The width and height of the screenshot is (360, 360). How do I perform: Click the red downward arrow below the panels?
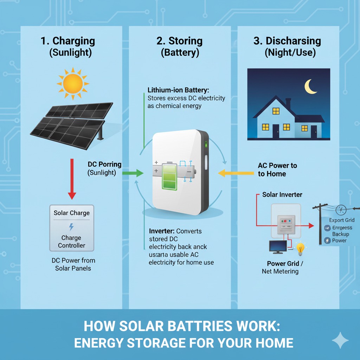tap(72, 179)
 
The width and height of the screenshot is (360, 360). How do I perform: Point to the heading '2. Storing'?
tap(179, 41)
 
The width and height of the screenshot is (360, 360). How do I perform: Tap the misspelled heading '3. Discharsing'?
tap(287, 41)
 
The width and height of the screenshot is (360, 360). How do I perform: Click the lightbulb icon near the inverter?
tap(300, 249)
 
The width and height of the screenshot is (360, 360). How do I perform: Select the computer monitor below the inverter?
tap(277, 247)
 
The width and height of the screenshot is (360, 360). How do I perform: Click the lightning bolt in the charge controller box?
tap(71, 227)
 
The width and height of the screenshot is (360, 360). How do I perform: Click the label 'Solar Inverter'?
tap(282, 195)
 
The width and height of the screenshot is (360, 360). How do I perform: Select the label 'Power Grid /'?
tap(283, 264)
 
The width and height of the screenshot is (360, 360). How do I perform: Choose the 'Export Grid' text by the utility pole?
tap(341, 220)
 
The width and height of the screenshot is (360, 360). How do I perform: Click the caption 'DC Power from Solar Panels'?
tap(73, 264)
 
